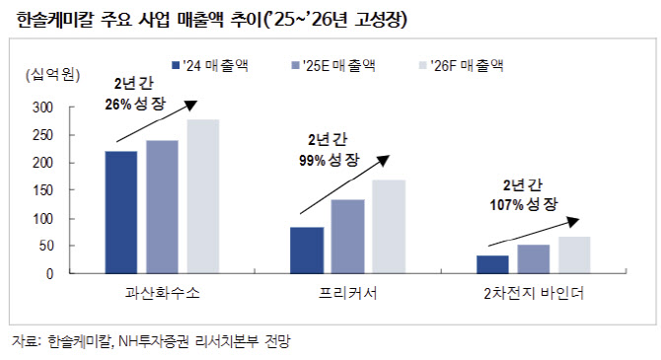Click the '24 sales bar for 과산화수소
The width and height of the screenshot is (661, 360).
(x=121, y=212)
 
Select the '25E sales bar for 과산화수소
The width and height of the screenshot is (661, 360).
(x=162, y=207)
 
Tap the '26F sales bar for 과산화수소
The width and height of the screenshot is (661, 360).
(x=203, y=196)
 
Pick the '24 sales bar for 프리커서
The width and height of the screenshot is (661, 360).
(x=307, y=251)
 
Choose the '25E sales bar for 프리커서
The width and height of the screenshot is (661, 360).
(x=348, y=237)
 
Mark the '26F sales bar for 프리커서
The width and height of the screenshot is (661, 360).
(x=389, y=227)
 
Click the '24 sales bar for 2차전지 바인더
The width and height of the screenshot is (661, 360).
(x=492, y=264)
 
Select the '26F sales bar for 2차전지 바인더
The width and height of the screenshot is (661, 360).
(x=574, y=255)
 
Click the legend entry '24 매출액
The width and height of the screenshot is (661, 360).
(x=210, y=65)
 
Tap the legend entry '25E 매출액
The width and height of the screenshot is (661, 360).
(x=333, y=65)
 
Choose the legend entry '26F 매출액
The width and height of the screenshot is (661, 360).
(x=461, y=65)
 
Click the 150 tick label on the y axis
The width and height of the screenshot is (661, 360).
(x=43, y=190)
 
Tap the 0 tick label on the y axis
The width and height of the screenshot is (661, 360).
(x=49, y=274)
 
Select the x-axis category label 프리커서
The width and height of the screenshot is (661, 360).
(x=348, y=293)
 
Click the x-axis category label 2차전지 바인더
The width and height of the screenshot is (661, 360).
(x=534, y=293)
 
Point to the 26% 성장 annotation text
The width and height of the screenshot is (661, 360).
(x=135, y=104)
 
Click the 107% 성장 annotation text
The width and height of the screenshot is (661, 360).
(x=524, y=204)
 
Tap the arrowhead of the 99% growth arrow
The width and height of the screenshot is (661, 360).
(x=384, y=160)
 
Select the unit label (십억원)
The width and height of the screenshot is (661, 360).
(x=52, y=75)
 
